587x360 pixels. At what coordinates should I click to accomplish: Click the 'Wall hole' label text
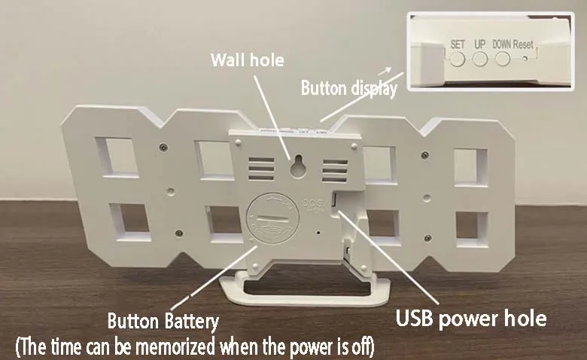pos(241,59)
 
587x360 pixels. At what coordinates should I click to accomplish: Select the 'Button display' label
pos(348,88)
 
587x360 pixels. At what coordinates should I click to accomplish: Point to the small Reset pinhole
pos(525,57)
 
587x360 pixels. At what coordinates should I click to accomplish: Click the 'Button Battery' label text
pos(163,322)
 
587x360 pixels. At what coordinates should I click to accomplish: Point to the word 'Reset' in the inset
pos(524,44)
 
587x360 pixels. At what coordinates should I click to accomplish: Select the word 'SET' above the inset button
pos(458,44)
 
